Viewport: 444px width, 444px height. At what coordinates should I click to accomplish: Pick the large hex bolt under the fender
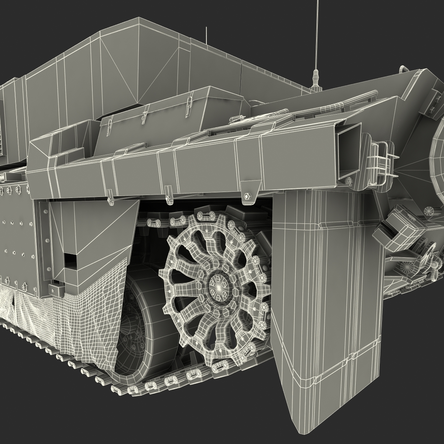pos(247,195)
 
